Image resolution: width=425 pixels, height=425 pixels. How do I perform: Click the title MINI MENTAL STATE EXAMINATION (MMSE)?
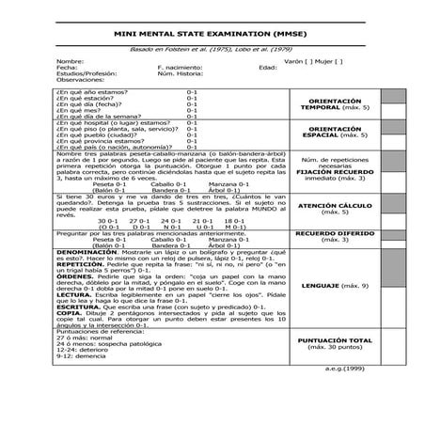click(x=213, y=34)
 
